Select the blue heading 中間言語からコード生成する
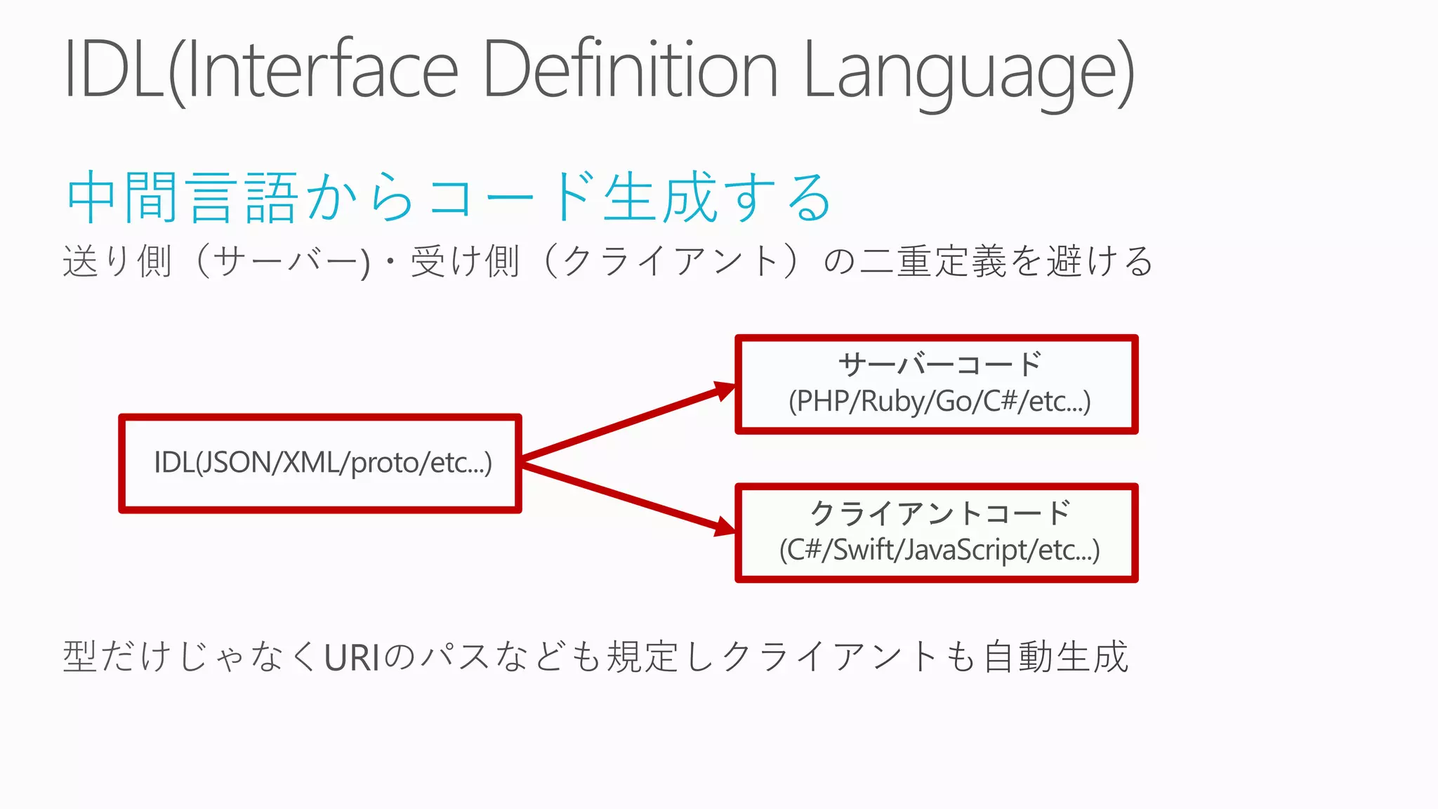[449, 197]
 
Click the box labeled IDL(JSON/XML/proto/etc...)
[320, 463]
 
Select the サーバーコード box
[936, 385]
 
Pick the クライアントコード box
[936, 533]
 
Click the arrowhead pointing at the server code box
[723, 390]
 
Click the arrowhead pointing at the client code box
[723, 527]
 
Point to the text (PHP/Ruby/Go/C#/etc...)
[939, 402]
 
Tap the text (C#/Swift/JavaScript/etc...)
[939, 550]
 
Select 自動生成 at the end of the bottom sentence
[1056, 657]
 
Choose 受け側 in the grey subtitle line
[465, 261]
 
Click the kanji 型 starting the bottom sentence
[80, 657]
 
